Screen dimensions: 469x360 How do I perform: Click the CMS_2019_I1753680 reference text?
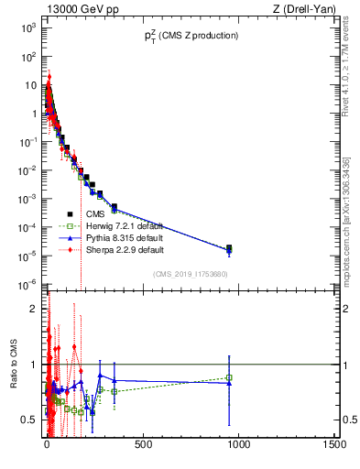190,273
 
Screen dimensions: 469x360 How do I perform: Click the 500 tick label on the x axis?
143,445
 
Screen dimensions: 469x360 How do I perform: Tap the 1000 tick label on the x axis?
238,445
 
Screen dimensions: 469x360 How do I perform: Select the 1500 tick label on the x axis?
334,445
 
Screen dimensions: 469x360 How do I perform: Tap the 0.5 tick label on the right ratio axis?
349,420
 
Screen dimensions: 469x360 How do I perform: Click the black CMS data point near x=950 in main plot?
229,247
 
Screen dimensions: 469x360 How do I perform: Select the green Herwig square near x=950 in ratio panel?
229,377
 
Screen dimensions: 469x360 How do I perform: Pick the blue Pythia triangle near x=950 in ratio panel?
229,383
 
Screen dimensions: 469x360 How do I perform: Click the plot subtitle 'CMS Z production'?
190,36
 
